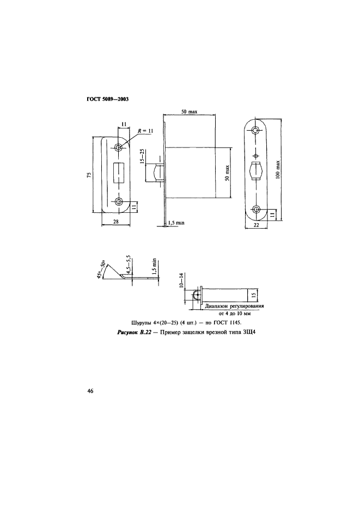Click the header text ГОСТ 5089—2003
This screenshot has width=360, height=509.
coord(107,99)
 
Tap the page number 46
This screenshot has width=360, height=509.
coord(90,391)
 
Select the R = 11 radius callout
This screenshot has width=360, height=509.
coord(145,131)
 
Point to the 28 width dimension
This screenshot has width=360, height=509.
coord(116,222)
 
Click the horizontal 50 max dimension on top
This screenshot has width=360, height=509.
coord(189,112)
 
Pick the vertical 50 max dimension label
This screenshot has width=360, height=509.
coord(227,173)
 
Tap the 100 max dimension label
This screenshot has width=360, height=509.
coord(278,169)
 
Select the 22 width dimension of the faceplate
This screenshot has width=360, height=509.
coord(256,225)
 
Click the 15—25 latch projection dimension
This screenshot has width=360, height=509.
coord(142,157)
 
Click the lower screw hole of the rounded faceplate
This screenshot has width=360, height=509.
coord(256,208)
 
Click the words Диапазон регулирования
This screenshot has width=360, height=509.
coord(234,306)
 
